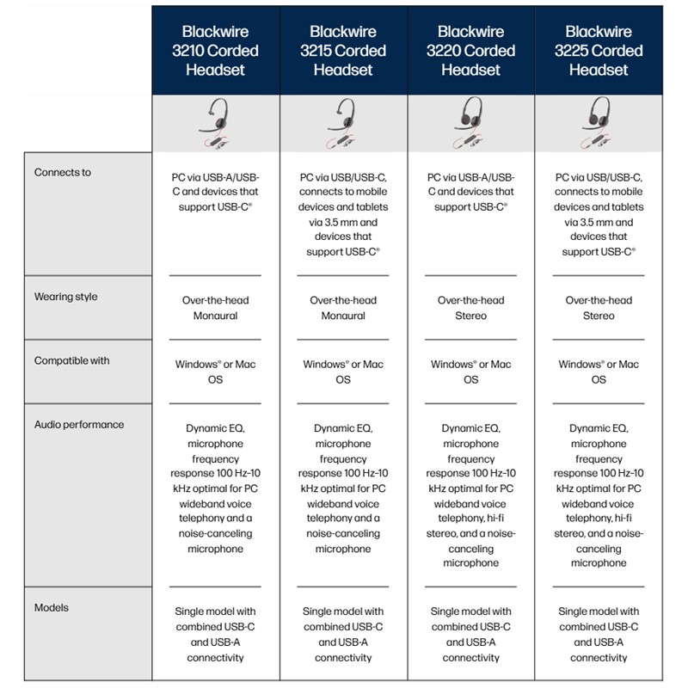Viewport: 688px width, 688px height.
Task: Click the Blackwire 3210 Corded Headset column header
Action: pos(215,50)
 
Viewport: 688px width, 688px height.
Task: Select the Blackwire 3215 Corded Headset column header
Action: pos(343,50)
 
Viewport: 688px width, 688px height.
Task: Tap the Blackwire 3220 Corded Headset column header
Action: pos(470,50)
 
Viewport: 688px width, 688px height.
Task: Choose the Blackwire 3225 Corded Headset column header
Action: pos(599,50)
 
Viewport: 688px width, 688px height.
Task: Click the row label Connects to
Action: pos(63,172)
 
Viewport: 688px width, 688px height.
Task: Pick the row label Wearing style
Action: pos(65,297)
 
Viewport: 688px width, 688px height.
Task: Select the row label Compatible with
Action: pos(71,360)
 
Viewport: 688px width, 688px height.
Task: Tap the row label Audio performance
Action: pos(79,424)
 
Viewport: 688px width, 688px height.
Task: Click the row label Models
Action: pos(52,607)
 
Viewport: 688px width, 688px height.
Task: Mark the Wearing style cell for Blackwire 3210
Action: pos(215,308)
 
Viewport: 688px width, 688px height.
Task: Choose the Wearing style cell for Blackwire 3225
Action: pos(599,308)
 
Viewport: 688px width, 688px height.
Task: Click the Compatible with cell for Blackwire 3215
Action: pos(343,372)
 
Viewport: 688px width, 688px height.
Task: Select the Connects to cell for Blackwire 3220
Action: pos(470,192)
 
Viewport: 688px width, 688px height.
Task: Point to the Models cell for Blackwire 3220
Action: pos(470,634)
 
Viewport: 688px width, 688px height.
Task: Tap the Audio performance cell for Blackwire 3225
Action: pos(599,494)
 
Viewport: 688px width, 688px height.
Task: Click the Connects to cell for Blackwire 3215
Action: pos(343,214)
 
